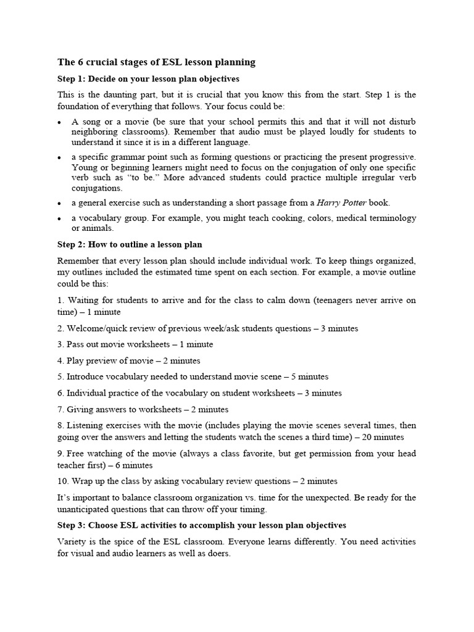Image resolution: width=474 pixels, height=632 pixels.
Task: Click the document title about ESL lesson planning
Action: tap(156, 62)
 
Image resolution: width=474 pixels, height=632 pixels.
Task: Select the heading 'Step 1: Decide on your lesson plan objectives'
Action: tap(148, 79)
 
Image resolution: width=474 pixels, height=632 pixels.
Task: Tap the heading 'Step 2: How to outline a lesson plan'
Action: tap(130, 244)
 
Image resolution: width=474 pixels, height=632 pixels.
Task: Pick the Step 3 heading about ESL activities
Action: tap(202, 525)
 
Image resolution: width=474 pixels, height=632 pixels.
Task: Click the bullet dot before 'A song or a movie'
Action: tap(60, 122)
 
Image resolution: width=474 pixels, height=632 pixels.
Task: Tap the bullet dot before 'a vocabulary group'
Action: tap(60, 218)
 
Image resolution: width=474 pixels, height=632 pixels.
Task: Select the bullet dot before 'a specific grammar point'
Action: tap(60, 157)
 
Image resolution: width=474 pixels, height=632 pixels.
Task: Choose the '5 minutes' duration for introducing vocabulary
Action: tap(307, 376)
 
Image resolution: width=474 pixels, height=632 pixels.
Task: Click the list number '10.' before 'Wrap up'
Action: tap(63, 481)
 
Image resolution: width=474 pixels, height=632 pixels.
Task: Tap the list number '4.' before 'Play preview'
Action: tap(60, 360)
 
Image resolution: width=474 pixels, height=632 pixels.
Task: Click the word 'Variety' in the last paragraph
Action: tap(72, 541)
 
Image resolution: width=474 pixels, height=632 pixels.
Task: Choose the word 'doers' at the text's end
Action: tap(218, 554)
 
